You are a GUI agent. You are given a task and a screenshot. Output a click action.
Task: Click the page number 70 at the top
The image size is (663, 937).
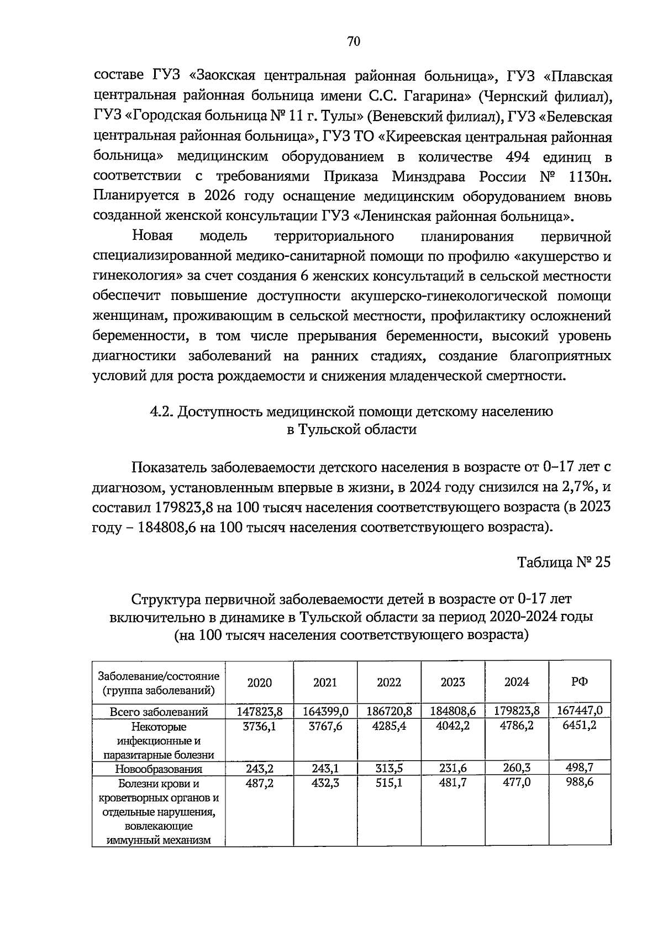354,41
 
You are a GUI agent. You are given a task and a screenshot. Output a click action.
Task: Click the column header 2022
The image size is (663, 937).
389,682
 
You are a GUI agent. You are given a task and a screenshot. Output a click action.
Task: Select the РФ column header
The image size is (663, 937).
579,682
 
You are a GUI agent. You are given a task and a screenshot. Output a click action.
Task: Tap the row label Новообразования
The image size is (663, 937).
159,768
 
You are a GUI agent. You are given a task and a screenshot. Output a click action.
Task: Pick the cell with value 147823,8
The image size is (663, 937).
260,711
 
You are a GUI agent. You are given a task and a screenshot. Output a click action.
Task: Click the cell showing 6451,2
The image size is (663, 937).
579,725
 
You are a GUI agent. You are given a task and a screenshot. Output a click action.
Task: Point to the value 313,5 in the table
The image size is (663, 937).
389,768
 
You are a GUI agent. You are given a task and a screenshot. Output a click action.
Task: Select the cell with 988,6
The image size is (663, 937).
579,783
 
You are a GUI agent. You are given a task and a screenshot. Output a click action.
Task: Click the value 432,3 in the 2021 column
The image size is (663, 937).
325,783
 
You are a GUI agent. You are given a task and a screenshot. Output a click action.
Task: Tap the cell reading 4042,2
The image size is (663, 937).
452,725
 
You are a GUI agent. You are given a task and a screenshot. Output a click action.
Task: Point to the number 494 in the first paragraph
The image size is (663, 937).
518,157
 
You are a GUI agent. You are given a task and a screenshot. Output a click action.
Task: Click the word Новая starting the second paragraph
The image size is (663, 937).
152,236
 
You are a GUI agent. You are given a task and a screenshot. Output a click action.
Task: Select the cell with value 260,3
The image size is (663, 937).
516,768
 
